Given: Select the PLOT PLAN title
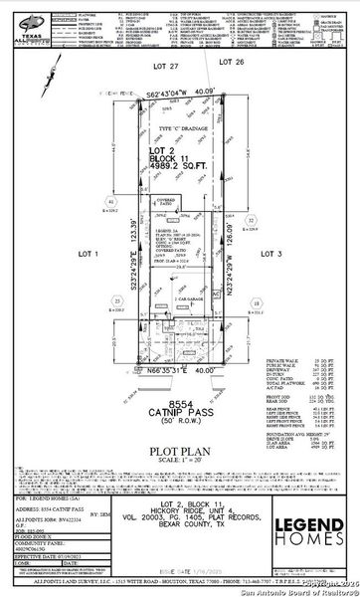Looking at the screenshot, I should pyautogui.click(x=179, y=393).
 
